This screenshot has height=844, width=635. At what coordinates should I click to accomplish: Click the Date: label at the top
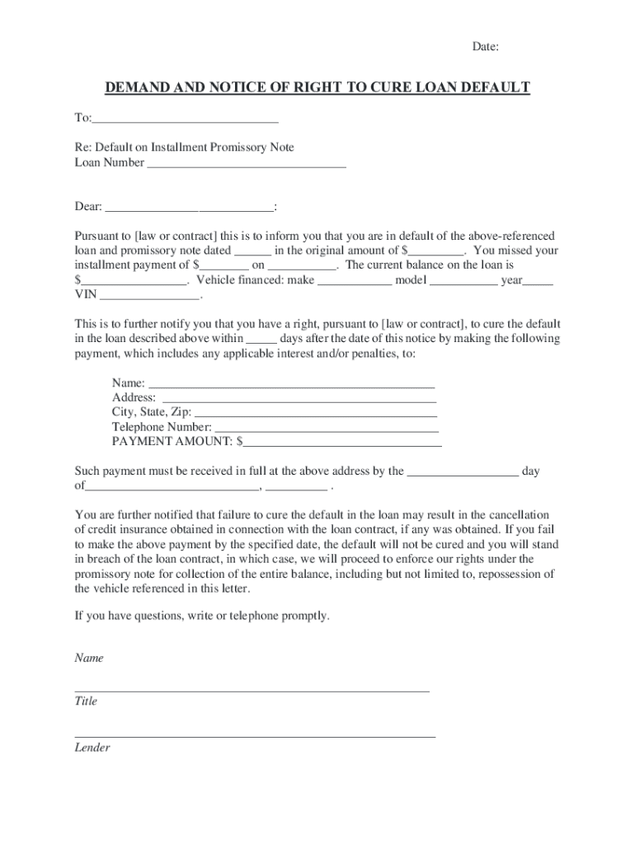pos(485,47)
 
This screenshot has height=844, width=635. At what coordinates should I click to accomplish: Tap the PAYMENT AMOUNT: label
pos(173,441)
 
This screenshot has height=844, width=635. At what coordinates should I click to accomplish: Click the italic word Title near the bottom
pos(86,701)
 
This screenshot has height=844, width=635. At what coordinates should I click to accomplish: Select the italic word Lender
pos(92,748)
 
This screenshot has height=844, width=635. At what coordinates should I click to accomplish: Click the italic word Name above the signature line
pos(89,659)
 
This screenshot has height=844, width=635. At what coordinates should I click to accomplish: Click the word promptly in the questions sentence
pos(303,616)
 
